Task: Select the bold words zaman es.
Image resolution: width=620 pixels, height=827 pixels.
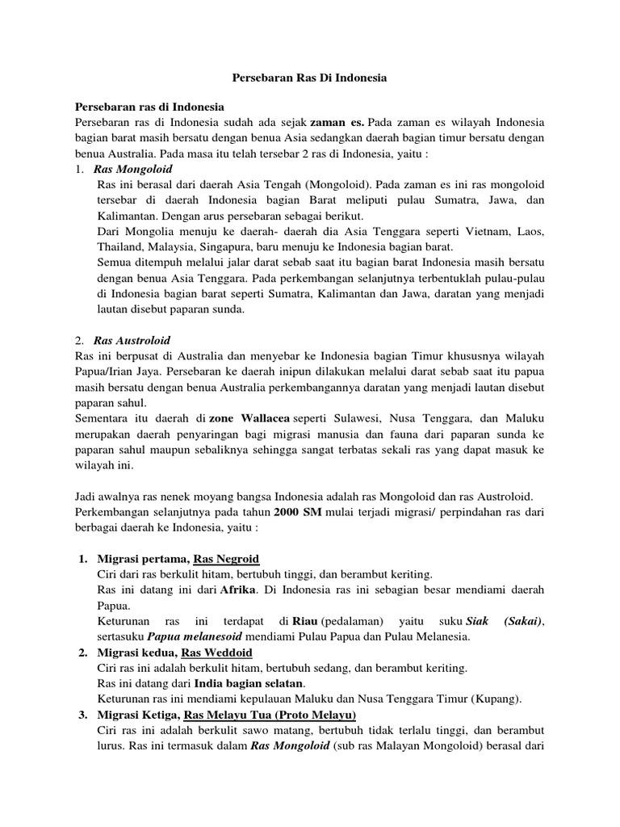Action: (x=336, y=122)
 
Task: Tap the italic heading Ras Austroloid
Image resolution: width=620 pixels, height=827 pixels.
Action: (x=132, y=340)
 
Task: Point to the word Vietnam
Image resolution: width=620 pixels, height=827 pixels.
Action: (x=491, y=232)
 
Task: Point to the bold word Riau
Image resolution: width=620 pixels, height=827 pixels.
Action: (x=304, y=620)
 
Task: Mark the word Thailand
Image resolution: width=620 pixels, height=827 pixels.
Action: (x=121, y=246)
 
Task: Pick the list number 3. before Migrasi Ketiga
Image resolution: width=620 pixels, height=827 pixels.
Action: (x=83, y=716)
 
